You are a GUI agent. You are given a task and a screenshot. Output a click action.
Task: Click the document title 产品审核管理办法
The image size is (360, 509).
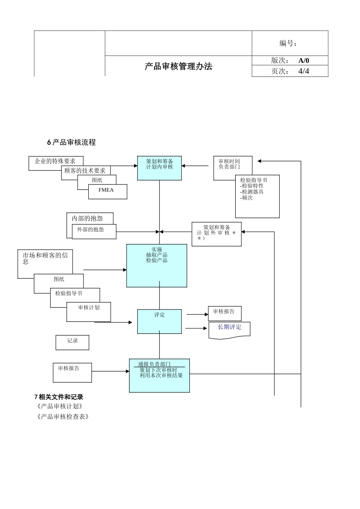178,67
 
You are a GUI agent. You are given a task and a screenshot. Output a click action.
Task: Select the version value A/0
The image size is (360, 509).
304,61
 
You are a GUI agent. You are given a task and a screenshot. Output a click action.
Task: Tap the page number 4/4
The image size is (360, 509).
304,71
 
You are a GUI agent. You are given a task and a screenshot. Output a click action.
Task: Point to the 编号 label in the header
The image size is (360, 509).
288,44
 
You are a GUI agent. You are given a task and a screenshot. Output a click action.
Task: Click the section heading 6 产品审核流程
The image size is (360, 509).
71,142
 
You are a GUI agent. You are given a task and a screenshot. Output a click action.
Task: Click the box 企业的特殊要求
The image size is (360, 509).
55,161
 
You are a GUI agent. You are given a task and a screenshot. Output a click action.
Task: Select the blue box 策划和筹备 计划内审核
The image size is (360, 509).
160,168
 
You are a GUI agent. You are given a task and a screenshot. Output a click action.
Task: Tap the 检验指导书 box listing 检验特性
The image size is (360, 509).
257,196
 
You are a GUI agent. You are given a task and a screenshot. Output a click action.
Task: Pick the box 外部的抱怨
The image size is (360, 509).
94,231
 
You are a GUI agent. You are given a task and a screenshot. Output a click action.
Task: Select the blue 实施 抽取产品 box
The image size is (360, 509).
157,265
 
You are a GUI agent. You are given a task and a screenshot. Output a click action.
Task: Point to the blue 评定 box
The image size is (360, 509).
160,322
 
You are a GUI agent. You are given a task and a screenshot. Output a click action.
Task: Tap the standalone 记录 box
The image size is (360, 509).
72,342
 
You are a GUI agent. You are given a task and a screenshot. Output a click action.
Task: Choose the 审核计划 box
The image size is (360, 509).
89,312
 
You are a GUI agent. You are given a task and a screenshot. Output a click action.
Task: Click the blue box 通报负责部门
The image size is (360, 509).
159,375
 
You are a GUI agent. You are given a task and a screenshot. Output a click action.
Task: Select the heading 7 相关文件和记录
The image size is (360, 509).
59,397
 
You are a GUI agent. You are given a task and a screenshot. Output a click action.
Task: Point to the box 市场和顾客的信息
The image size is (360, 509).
45,264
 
